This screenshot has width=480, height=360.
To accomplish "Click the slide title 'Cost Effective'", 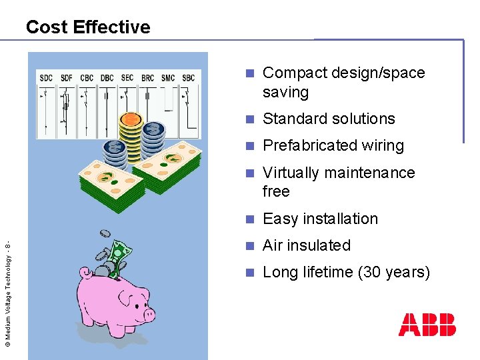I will point(88,27).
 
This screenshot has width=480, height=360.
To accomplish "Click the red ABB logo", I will point(427,325).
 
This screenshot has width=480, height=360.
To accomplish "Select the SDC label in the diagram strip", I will point(46,78).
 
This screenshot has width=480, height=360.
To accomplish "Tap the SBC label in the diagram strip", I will point(189,78).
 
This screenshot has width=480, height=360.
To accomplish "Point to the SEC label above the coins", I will point(127,78).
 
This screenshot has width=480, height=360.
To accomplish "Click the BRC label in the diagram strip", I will point(147,78).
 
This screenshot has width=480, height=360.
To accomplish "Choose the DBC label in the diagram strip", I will point(107,78).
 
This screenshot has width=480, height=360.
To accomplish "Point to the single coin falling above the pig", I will point(104,233).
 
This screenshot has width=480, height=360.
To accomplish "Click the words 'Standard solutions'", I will point(329,119).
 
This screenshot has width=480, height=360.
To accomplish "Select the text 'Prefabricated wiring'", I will point(333,145).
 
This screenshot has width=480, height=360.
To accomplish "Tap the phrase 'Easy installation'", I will point(320,219).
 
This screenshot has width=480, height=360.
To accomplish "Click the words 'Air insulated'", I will point(307,245).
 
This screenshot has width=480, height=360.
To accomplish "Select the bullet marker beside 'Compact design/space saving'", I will point(250,73).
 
